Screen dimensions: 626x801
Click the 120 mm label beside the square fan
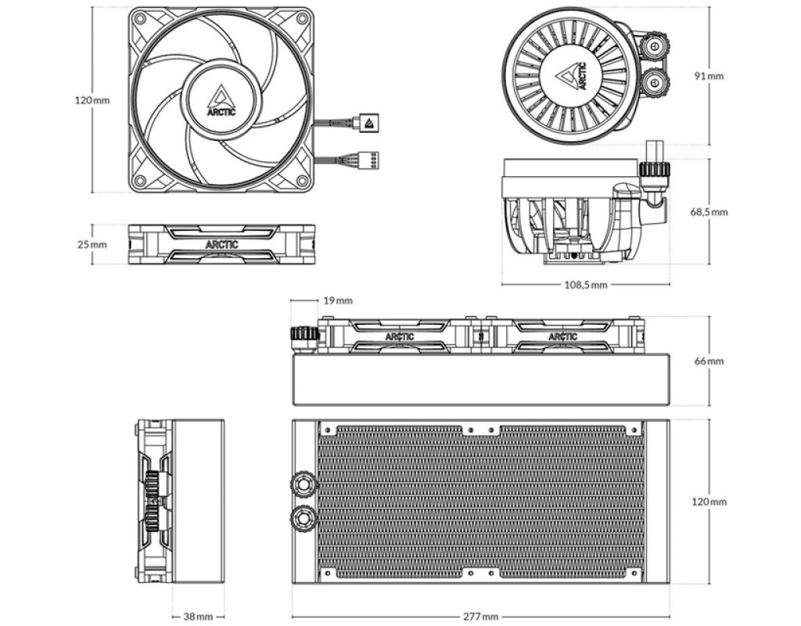click(x=92, y=100)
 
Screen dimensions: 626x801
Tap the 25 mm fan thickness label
click(x=92, y=244)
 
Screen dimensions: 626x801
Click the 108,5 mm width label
click(x=586, y=285)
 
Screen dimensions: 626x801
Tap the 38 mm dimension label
click(x=198, y=617)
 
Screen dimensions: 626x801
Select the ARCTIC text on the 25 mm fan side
click(x=222, y=244)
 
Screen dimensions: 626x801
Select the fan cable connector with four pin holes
click(x=369, y=158)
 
